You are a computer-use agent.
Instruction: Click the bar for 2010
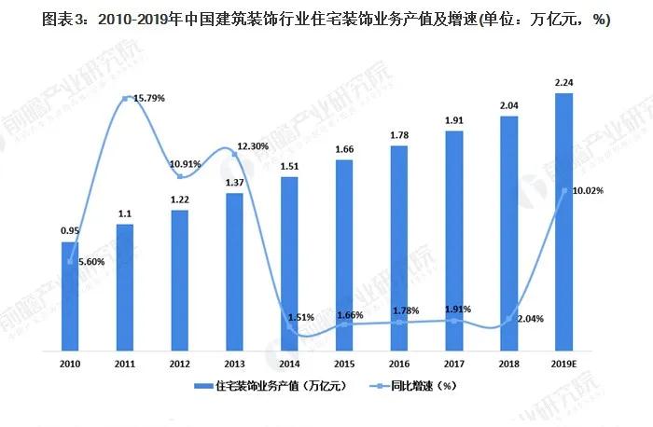point(70,296)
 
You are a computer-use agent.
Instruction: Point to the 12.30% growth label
point(253,146)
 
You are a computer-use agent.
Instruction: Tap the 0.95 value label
point(70,230)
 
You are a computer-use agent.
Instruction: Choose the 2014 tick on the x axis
point(289,364)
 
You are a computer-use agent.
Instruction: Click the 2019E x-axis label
point(563,364)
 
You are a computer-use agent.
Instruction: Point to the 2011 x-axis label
point(125,364)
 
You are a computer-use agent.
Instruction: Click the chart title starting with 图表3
point(326,21)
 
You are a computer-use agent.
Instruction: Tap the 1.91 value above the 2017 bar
point(453,120)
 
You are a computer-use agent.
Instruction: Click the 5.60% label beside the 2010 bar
point(90,263)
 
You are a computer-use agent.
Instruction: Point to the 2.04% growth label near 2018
point(527,318)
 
